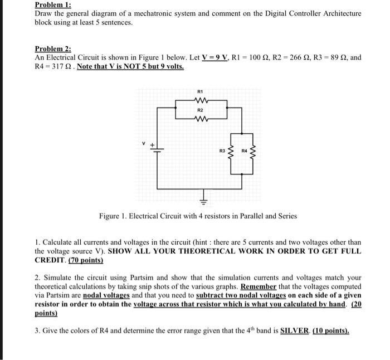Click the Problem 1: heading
pos(51,4)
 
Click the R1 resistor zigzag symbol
pos(201,101)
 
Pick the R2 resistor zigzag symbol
pos(201,118)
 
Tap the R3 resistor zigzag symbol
pos(231,150)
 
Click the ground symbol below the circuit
pos(204,197)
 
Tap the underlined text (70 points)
pos(85,260)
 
